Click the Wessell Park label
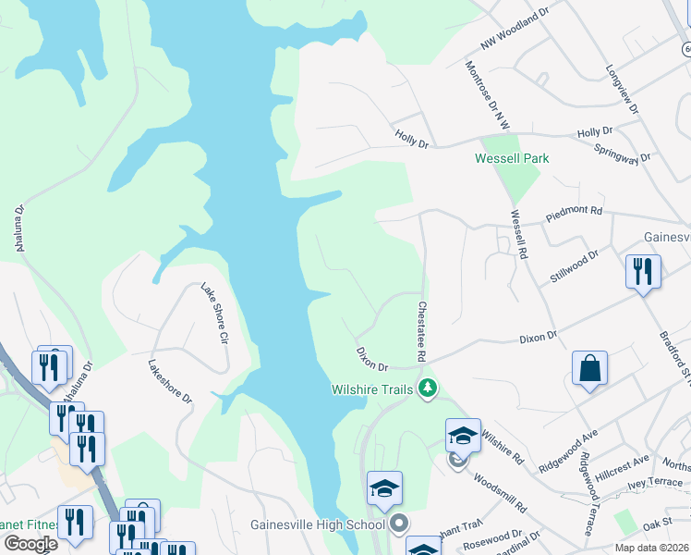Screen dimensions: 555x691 (512, 158)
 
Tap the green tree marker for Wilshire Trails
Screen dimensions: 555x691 (427, 389)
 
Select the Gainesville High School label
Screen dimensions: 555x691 (318, 525)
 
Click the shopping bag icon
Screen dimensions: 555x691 (589, 370)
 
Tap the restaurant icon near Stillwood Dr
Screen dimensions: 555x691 (643, 272)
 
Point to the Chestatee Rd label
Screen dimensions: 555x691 (421, 331)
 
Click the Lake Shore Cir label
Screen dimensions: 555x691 (214, 314)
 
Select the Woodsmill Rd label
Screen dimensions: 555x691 (499, 494)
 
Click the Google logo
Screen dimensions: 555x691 (30, 544)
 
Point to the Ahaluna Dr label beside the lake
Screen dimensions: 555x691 (18, 228)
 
